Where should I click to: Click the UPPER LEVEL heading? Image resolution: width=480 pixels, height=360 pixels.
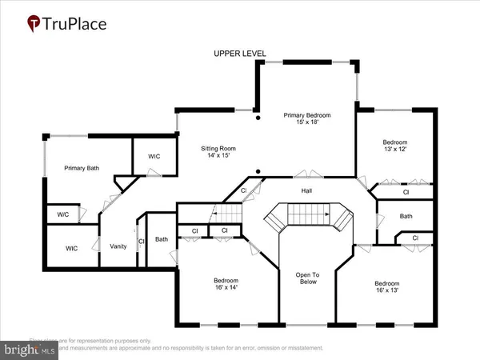click(x=240, y=54)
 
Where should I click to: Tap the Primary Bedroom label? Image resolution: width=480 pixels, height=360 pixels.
click(x=306, y=116)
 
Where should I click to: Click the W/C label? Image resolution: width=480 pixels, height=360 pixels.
click(x=62, y=214)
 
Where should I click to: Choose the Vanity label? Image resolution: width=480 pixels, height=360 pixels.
click(x=118, y=246)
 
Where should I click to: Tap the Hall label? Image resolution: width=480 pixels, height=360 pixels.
click(x=307, y=190)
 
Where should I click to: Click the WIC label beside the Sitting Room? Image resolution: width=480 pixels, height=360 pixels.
click(x=154, y=157)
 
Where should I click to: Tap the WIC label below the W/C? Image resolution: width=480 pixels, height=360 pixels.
click(x=71, y=248)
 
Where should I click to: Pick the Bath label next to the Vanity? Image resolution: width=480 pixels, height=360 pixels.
click(x=162, y=239)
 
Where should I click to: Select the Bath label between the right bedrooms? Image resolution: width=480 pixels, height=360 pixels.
click(x=406, y=216)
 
